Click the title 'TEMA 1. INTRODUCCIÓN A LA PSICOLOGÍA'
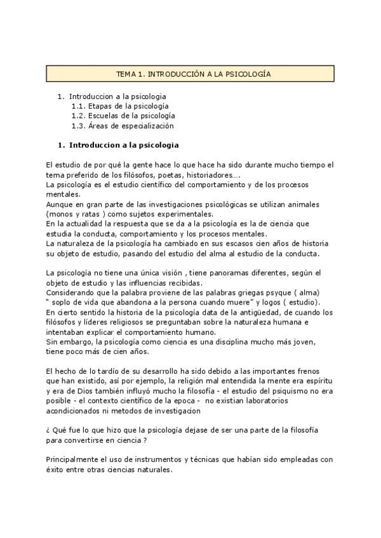coord(193,74)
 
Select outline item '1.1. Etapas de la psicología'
coord(120,106)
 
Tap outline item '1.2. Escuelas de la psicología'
coord(123,116)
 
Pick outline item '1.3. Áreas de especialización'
coord(123,126)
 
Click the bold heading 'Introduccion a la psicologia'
coord(124,145)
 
